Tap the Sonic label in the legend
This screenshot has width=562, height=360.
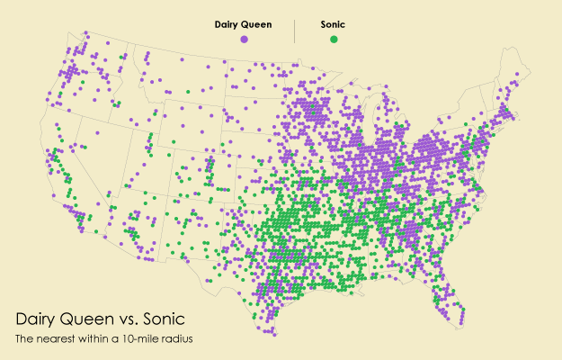coord(334,25)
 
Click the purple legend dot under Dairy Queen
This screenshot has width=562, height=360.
coord(244,40)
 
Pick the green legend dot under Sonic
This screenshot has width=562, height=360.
coord(334,40)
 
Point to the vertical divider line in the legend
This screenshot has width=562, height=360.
coord(295,31)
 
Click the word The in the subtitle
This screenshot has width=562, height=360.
coord(24,339)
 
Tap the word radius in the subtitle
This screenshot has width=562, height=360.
coord(178,339)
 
